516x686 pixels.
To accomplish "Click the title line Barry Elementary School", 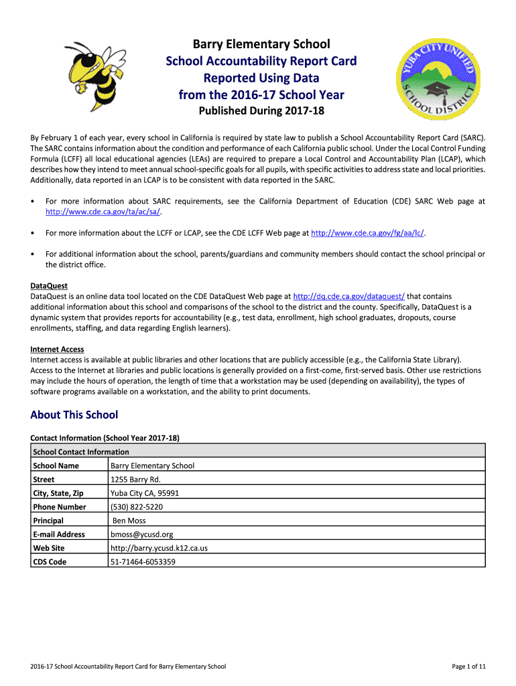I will [x=261, y=44].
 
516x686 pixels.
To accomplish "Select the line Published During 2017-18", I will [x=261, y=111].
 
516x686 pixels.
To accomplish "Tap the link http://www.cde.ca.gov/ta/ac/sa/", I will [x=103, y=212].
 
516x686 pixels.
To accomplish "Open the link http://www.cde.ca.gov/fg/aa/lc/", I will [x=369, y=233].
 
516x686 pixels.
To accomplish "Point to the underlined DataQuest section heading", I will [x=49, y=286].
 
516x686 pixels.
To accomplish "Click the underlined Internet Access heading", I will [x=57, y=349].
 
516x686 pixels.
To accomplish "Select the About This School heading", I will [x=74, y=415].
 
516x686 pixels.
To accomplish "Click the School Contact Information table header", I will [x=81, y=452].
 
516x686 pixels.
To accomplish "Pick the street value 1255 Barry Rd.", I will [x=135, y=480].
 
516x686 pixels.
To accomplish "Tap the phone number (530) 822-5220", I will [x=136, y=507].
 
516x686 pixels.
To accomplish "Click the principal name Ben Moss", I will [x=129, y=521].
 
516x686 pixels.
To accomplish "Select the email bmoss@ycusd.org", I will [x=141, y=535].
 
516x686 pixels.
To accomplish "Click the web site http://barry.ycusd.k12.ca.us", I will [x=159, y=548].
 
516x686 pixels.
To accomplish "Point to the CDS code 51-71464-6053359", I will [x=143, y=562].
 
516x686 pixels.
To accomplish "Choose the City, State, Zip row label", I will [x=58, y=493].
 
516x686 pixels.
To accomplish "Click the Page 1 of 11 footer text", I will [x=468, y=667].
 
